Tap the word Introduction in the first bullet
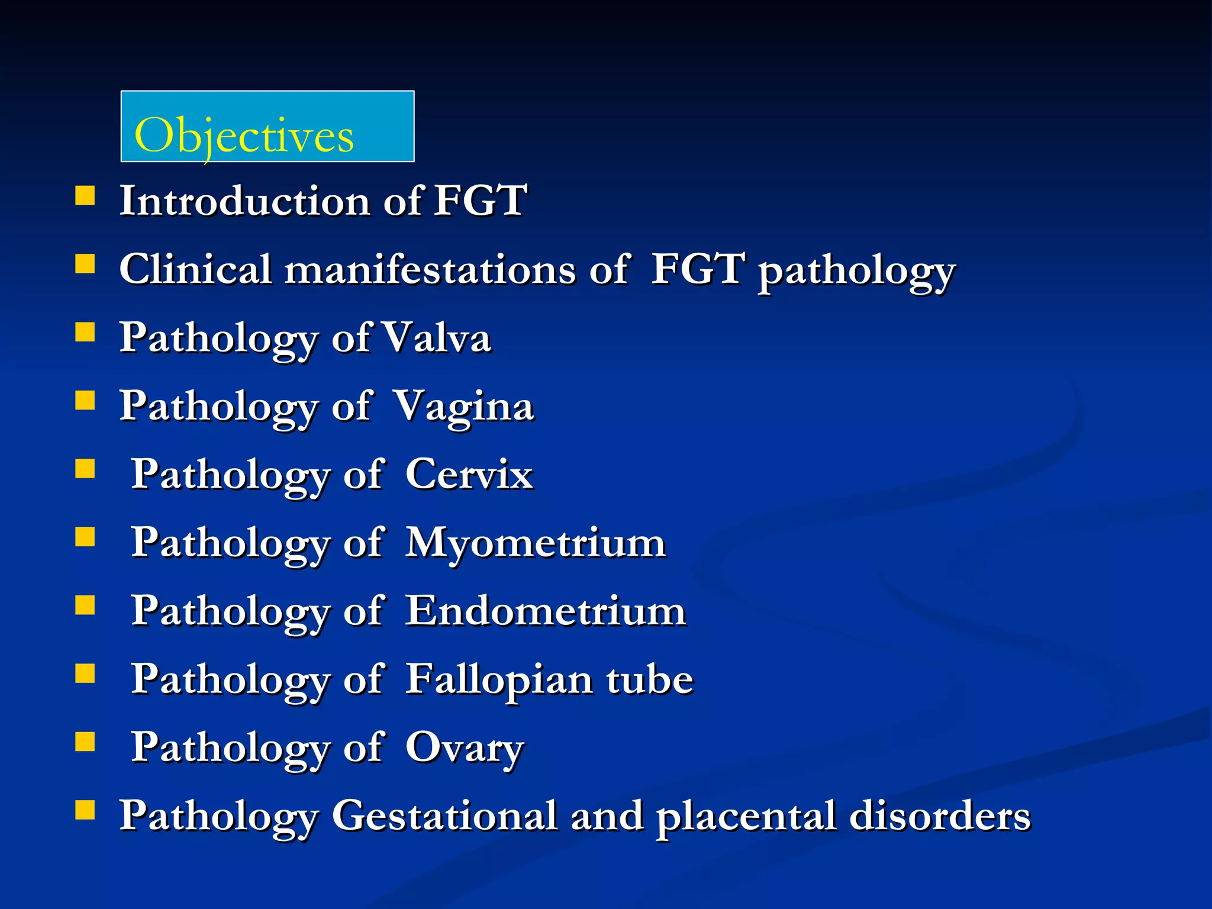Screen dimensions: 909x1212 (244, 201)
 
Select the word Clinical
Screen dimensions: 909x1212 (195, 269)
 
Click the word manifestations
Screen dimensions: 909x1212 (430, 269)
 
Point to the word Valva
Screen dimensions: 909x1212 (436, 338)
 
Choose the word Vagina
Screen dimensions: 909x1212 (463, 407)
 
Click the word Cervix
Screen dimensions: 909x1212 (469, 475)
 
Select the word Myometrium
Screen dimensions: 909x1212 (535, 543)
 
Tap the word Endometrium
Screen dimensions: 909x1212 (545, 611)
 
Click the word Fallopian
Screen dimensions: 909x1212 (499, 679)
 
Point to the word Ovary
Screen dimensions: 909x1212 (465, 747)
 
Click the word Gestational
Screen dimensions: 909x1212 (444, 815)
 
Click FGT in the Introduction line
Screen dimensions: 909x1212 (480, 201)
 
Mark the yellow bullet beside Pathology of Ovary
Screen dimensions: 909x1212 (85, 741)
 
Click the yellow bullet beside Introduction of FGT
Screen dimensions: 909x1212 (85, 195)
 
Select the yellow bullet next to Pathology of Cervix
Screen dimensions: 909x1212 (85, 469)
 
